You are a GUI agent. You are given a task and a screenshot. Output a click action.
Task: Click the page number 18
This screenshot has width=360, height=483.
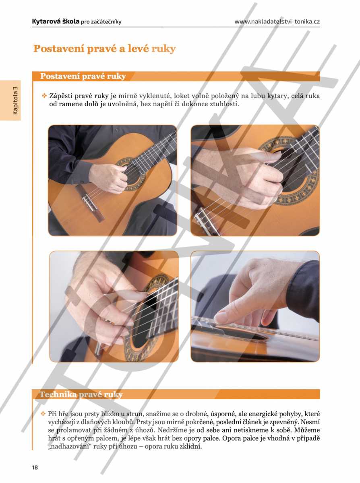click(35, 468)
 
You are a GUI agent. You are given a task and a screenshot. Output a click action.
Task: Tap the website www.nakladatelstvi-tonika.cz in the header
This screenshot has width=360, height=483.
click(277, 22)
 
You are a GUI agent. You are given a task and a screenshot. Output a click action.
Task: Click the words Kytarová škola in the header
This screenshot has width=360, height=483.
click(56, 21)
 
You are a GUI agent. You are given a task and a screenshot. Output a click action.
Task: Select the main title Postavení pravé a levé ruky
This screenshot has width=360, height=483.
click(104, 49)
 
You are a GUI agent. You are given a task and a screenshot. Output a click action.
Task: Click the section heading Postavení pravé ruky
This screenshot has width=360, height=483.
click(83, 76)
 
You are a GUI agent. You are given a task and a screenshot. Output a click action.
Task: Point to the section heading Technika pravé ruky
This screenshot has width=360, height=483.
click(81, 394)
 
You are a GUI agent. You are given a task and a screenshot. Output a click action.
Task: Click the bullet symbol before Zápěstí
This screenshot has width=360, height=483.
click(44, 96)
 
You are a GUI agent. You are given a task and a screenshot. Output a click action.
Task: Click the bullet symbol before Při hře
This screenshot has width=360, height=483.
click(43, 413)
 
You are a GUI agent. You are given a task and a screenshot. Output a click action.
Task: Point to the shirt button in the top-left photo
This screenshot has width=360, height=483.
click(117, 130)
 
